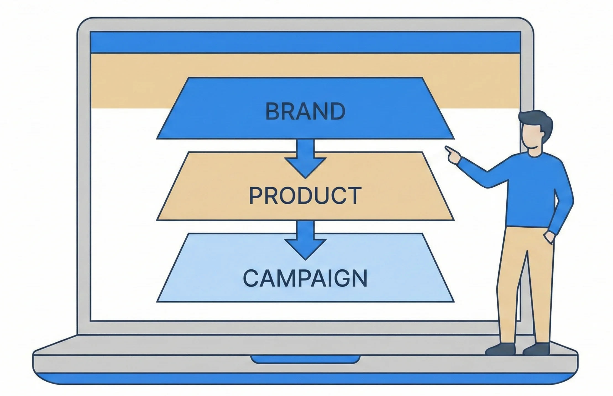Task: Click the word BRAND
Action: click(305, 111)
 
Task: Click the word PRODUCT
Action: click(305, 196)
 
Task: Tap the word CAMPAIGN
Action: click(305, 278)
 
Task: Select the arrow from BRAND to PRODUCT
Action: click(305, 160)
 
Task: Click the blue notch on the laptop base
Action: click(305, 359)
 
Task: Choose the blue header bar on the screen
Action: click(305, 42)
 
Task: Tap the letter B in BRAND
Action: click(272, 111)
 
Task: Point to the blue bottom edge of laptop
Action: click(305, 378)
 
